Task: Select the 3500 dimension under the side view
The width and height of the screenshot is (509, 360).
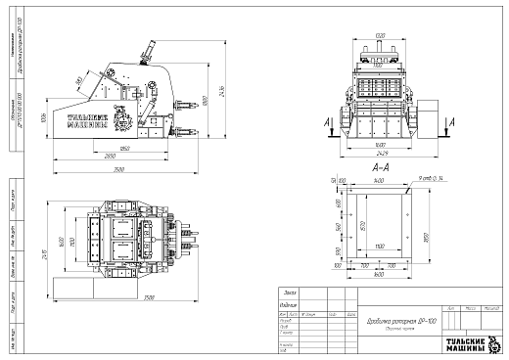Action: point(117,169)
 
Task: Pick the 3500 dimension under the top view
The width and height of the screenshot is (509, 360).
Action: point(150,297)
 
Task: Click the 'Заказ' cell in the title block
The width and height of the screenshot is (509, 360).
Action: point(289,292)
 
